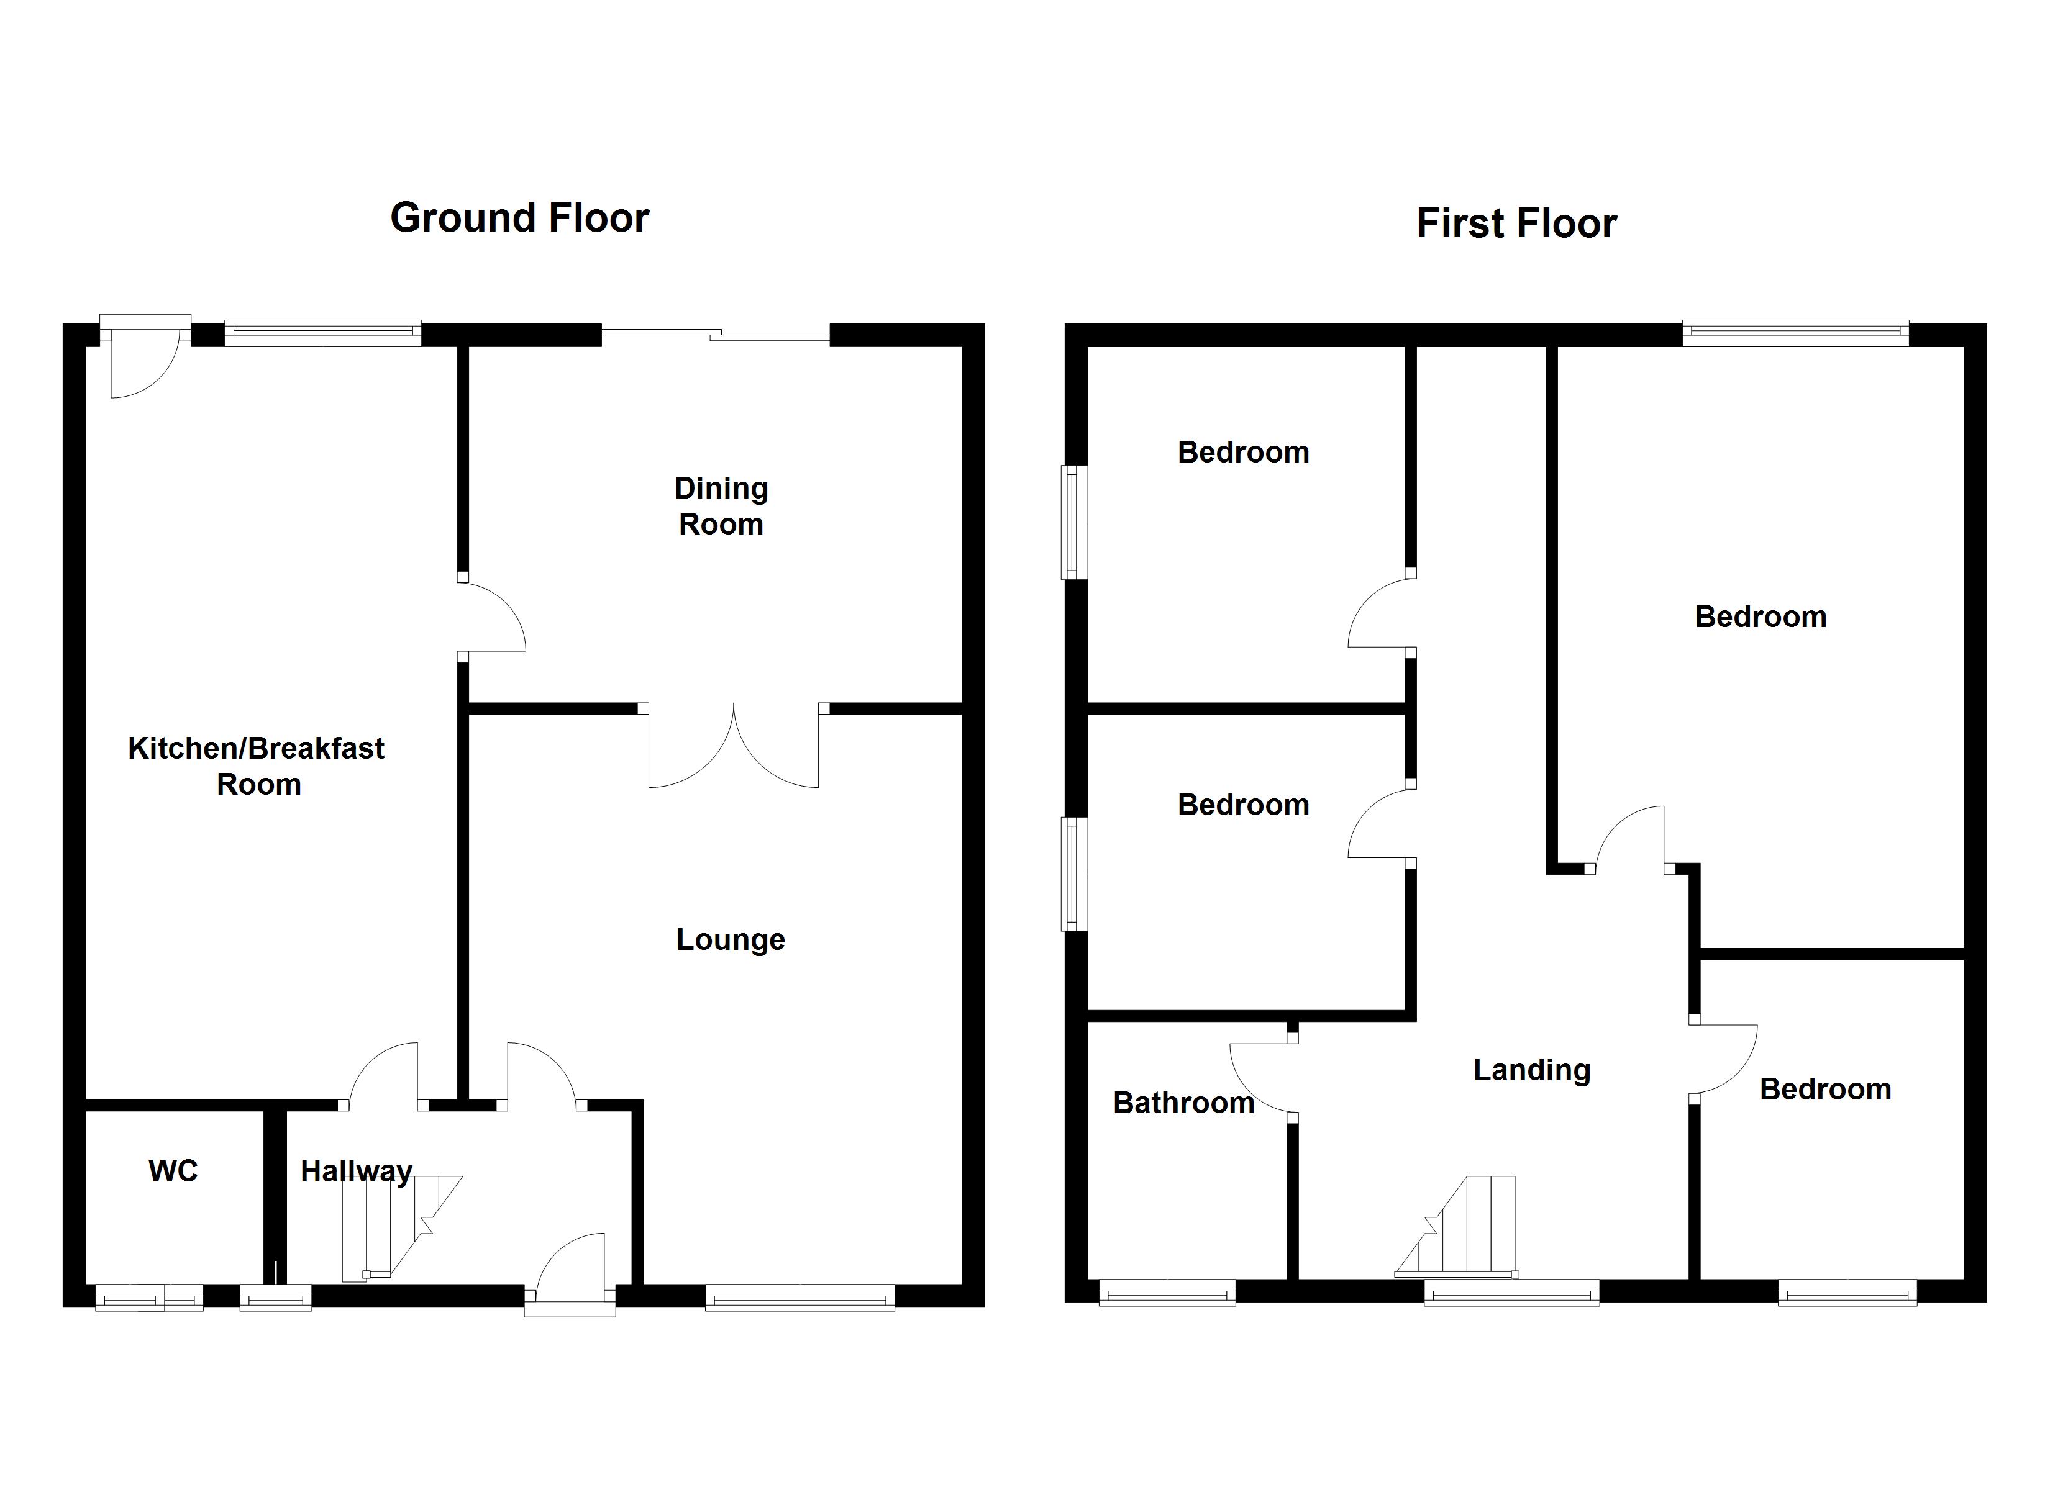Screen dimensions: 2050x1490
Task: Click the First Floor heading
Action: point(1516,223)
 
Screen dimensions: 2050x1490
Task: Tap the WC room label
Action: point(173,1171)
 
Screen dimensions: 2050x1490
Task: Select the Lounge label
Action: point(731,940)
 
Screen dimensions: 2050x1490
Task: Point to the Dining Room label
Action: point(721,506)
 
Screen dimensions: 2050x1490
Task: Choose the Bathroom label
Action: point(1183,1103)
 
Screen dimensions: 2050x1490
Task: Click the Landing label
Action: point(1531,1070)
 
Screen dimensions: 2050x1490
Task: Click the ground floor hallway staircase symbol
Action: point(398,1227)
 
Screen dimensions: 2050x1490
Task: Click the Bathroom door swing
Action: point(1262,1077)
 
